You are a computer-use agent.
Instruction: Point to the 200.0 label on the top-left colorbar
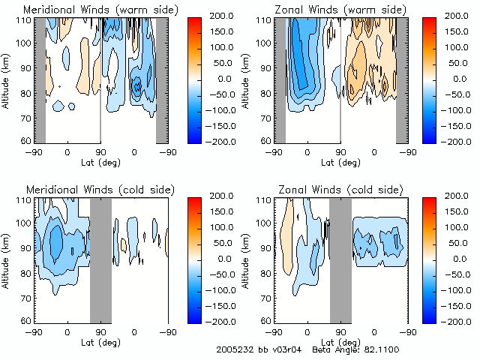[x=229, y=16]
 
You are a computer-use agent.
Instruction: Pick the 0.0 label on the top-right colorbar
[x=460, y=78]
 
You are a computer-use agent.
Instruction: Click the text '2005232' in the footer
[x=231, y=350]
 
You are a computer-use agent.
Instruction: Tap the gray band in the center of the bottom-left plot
[x=100, y=259]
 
